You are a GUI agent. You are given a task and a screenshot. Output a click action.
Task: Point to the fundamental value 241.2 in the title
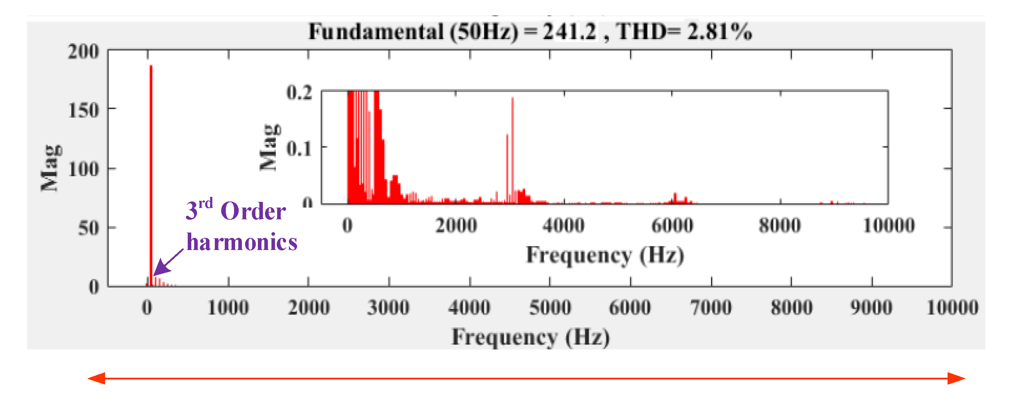click(x=569, y=32)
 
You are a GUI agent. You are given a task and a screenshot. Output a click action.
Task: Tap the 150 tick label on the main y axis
click(x=84, y=111)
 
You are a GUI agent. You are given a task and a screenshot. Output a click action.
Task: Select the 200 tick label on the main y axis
click(x=83, y=52)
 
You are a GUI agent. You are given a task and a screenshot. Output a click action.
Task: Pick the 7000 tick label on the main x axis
click(x=711, y=308)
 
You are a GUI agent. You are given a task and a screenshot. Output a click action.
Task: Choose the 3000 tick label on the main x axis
click(x=388, y=308)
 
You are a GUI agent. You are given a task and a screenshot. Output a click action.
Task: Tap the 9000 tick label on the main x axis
click(x=871, y=308)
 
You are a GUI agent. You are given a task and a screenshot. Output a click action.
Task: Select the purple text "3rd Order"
click(x=236, y=210)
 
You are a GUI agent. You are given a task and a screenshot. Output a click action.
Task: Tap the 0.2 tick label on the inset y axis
click(x=300, y=93)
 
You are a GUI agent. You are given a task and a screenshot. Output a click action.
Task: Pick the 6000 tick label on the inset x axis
click(x=672, y=226)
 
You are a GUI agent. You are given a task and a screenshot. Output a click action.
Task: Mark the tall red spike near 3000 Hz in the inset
click(x=513, y=147)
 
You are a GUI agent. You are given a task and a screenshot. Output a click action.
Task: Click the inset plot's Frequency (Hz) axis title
click(x=605, y=255)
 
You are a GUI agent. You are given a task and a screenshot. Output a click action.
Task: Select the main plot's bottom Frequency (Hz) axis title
click(x=530, y=337)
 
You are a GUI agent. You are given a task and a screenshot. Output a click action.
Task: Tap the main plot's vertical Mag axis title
click(x=51, y=168)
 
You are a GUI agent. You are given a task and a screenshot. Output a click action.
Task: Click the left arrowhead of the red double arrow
click(x=97, y=378)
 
